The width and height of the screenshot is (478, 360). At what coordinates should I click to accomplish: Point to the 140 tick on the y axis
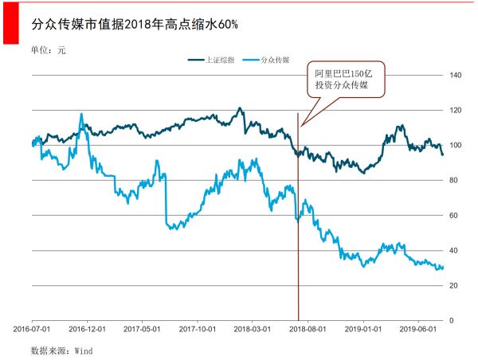[x=456, y=75]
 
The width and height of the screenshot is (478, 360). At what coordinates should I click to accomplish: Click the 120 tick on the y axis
[x=456, y=110]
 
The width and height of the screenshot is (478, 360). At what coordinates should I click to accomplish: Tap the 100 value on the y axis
[x=456, y=145]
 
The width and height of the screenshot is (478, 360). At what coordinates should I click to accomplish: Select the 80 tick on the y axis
[x=454, y=180]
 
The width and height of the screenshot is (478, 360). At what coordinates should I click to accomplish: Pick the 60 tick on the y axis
[x=454, y=215]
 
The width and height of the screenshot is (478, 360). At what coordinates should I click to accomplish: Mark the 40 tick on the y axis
[x=454, y=250]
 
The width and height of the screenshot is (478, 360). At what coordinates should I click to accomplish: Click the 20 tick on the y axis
[x=454, y=285]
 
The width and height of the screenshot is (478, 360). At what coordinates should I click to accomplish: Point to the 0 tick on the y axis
[x=452, y=320]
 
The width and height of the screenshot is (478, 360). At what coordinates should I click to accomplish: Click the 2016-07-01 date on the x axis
[x=33, y=327]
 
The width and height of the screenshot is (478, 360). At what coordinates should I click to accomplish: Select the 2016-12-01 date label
[x=88, y=327]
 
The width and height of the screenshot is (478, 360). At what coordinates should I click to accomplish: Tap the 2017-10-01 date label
[x=198, y=327]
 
